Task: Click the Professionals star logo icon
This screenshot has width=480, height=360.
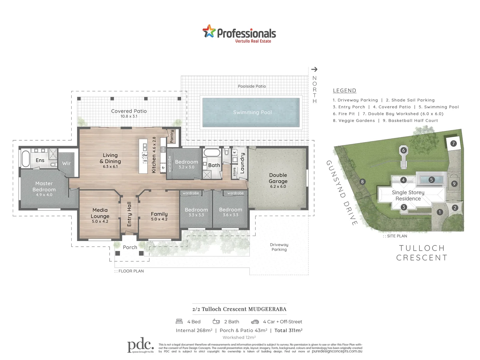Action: pyautogui.click(x=209, y=31)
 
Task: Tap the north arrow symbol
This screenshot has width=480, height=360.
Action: pyautogui.click(x=314, y=69)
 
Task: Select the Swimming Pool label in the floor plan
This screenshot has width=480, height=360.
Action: pyautogui.click(x=252, y=112)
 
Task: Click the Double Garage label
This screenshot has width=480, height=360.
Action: pyautogui.click(x=278, y=178)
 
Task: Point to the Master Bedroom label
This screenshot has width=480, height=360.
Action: pyautogui.click(x=44, y=186)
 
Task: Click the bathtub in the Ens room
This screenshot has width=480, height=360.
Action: pyautogui.click(x=26, y=159)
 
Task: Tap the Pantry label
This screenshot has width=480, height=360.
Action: pyautogui.click(x=172, y=136)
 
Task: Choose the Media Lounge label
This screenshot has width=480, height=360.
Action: pyautogui.click(x=100, y=213)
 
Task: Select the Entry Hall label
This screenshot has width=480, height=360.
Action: pyautogui.click(x=129, y=214)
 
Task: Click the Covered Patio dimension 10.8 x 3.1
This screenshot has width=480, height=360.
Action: pyautogui.click(x=129, y=116)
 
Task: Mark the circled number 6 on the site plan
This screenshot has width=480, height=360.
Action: pyautogui.click(x=403, y=150)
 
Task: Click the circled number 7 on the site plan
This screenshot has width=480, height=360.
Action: pyautogui.click(x=453, y=143)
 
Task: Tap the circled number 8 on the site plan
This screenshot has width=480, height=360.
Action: pyautogui.click(x=362, y=182)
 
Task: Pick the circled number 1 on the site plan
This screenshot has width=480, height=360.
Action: pyautogui.click(x=440, y=212)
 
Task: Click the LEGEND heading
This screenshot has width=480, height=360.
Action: pyautogui.click(x=344, y=91)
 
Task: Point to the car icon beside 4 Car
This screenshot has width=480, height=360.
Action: pyautogui.click(x=255, y=322)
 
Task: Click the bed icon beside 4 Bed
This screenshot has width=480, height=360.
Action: pyautogui.click(x=179, y=322)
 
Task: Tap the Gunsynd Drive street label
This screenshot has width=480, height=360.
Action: pyautogui.click(x=342, y=193)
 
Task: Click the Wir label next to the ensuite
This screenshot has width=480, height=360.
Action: pyautogui.click(x=66, y=163)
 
